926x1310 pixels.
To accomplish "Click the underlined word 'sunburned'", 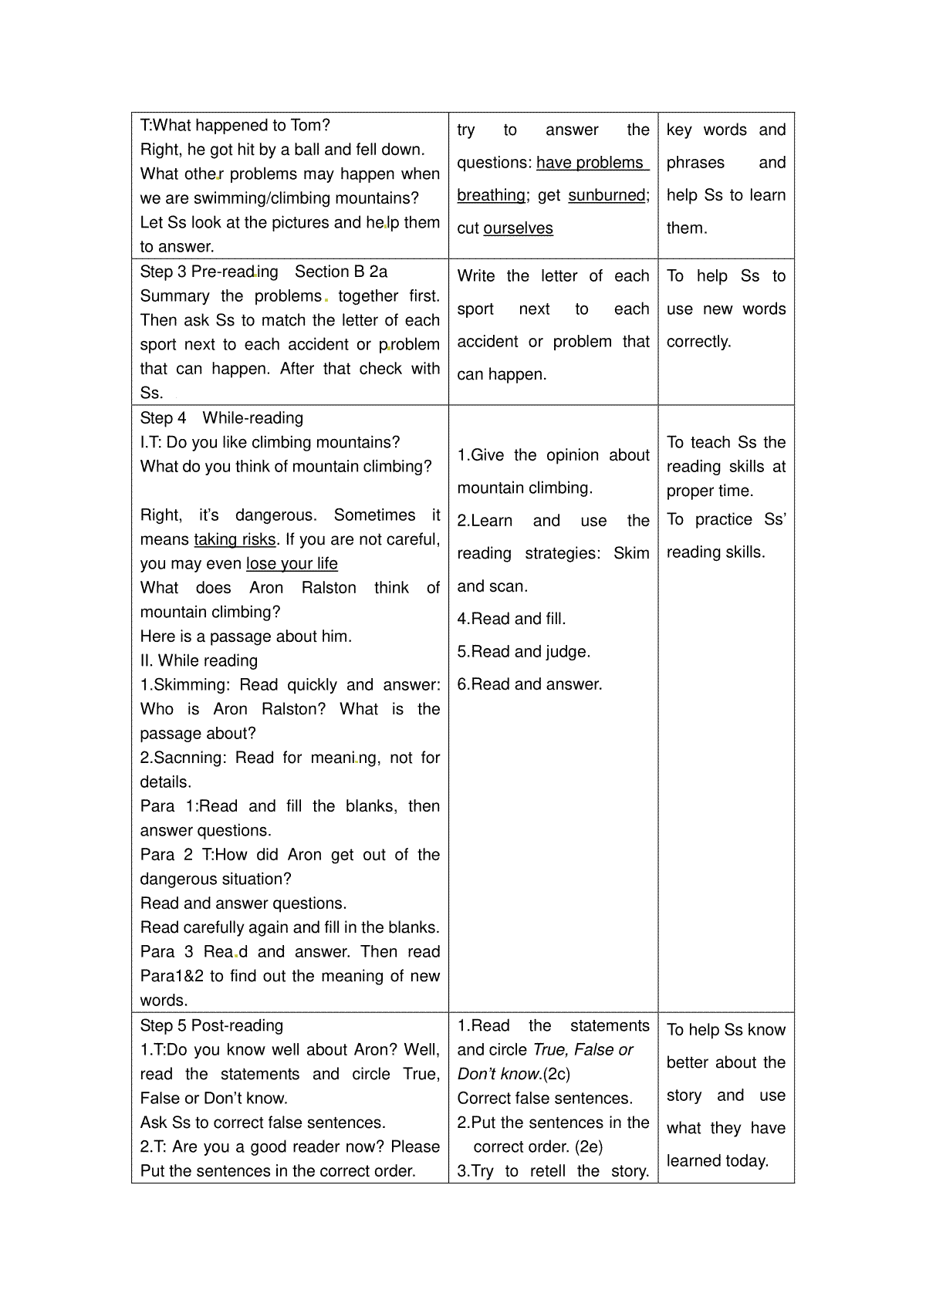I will (607, 195).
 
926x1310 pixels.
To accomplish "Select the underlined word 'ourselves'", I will (518, 228).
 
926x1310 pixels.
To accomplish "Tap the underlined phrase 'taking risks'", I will (235, 539).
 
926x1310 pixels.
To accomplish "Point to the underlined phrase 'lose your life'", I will (292, 564).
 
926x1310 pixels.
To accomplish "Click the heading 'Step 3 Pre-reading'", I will (209, 272).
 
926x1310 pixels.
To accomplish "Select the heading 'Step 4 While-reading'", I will (221, 418).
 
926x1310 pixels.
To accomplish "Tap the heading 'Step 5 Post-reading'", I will (211, 1025).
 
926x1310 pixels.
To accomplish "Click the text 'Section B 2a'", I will (341, 272).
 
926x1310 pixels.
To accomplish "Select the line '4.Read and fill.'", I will (512, 619).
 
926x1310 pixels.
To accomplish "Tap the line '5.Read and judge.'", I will (524, 652).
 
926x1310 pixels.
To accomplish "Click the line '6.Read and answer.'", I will (530, 684).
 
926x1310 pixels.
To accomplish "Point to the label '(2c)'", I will (556, 1074).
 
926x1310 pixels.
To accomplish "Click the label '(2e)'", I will (589, 1146).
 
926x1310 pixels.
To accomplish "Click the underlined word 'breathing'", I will (491, 195).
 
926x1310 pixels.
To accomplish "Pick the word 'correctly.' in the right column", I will (698, 342).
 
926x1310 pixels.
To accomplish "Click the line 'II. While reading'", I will (199, 660).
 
